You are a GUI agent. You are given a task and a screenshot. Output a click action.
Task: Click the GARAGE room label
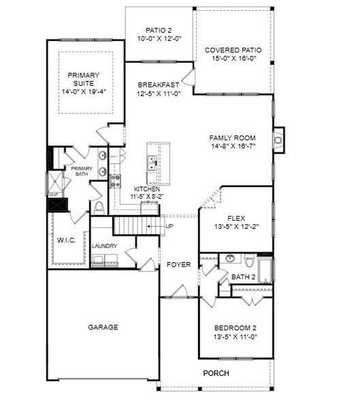click(x=102, y=327)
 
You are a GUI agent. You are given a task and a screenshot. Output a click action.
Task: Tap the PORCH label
click(x=216, y=373)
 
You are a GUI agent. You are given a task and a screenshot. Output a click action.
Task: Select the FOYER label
click(x=178, y=264)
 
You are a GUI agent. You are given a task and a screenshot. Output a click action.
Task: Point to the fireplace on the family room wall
click(x=279, y=140)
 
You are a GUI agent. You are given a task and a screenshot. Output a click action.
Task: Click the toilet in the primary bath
click(x=98, y=208)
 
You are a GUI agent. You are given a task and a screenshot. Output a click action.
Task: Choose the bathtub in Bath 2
click(x=265, y=270)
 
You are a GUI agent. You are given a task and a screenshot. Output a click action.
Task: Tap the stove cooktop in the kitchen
click(x=115, y=181)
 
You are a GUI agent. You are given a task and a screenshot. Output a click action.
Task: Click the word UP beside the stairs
click(x=169, y=226)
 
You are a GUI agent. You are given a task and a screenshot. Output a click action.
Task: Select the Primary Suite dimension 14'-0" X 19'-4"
click(x=83, y=92)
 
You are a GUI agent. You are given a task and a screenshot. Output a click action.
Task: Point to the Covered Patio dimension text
click(x=234, y=58)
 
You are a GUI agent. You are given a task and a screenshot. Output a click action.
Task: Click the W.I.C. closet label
click(x=67, y=240)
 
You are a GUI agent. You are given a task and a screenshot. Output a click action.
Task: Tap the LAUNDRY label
click(x=105, y=246)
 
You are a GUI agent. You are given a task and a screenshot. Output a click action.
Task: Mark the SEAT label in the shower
click(x=53, y=195)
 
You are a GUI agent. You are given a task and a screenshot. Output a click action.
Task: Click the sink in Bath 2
click(x=230, y=258)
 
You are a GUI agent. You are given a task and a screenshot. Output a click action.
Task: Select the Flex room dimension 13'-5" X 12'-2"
click(x=236, y=226)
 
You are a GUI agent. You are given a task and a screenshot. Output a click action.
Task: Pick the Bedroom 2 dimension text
click(x=235, y=336)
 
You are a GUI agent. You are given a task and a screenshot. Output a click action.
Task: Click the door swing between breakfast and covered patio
click(x=189, y=77)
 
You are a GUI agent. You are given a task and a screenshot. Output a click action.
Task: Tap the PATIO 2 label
click(x=158, y=30)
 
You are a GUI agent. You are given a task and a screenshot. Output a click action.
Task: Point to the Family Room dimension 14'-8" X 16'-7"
click(x=233, y=146)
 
